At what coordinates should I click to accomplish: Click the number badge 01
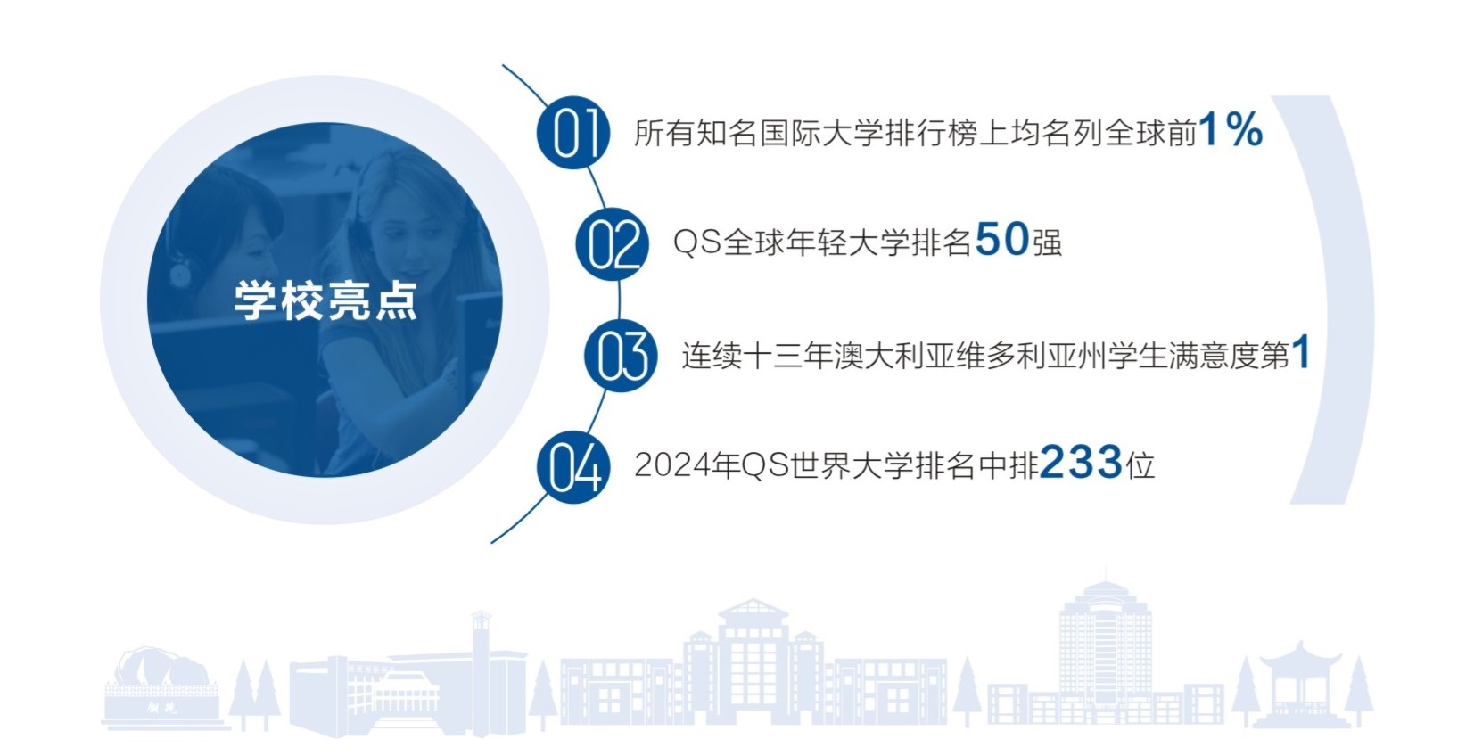[x=573, y=133]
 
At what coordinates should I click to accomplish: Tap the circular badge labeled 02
[x=613, y=243]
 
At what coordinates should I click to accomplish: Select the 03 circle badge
[x=622, y=355]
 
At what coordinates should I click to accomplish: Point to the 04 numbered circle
[x=573, y=466]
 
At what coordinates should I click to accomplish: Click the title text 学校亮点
[x=325, y=300]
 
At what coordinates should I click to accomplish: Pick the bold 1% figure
[x=1231, y=130]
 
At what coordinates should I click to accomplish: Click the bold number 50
[x=1002, y=240]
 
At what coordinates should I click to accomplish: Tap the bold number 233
[x=1080, y=463]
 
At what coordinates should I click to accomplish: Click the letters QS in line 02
[x=696, y=242]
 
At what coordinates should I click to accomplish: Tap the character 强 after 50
[x=1048, y=242]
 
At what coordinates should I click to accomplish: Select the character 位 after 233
[x=1140, y=465]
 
